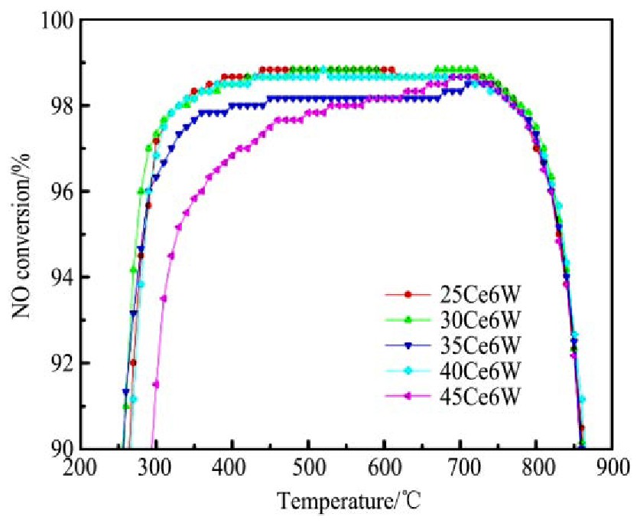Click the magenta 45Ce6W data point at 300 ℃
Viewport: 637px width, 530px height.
point(156,384)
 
